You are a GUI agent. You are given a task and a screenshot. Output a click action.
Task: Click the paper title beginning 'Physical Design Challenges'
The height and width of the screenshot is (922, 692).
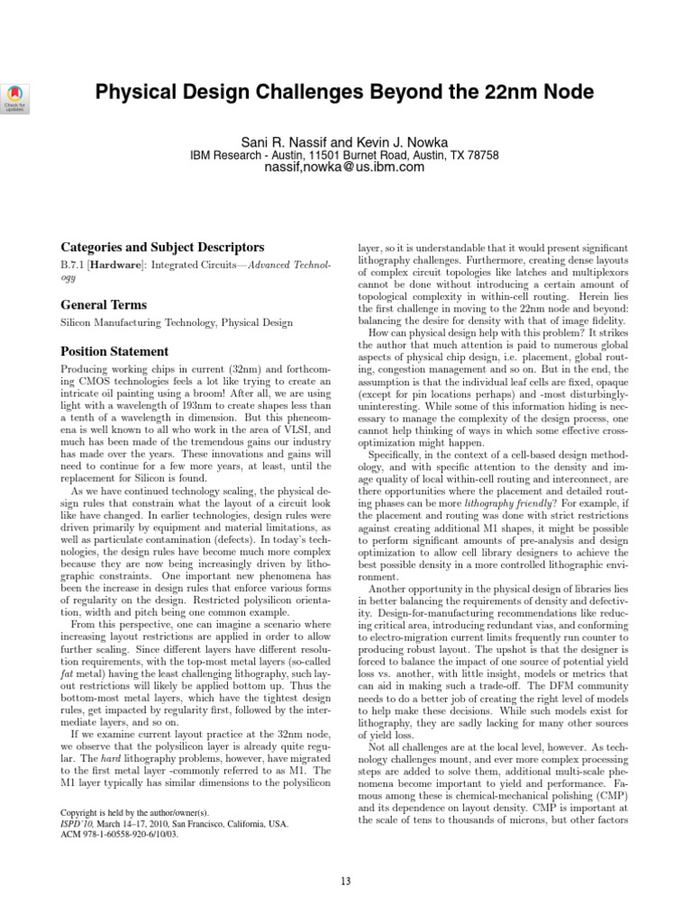pos(345,93)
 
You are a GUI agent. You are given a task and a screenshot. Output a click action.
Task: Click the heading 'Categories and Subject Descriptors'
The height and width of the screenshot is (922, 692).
pos(161,247)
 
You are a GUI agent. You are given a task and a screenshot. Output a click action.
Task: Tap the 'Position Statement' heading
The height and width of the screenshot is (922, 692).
pos(114,351)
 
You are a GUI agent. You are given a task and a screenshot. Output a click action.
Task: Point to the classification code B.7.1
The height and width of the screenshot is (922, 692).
pos(73,267)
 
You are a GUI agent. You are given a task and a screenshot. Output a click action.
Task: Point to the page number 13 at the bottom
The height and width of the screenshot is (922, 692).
pos(345,881)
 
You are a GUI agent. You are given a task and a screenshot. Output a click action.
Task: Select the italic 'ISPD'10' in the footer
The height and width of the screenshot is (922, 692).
pos(77,822)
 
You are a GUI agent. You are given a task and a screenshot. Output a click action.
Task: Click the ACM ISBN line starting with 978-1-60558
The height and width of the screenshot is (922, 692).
pos(119,834)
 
